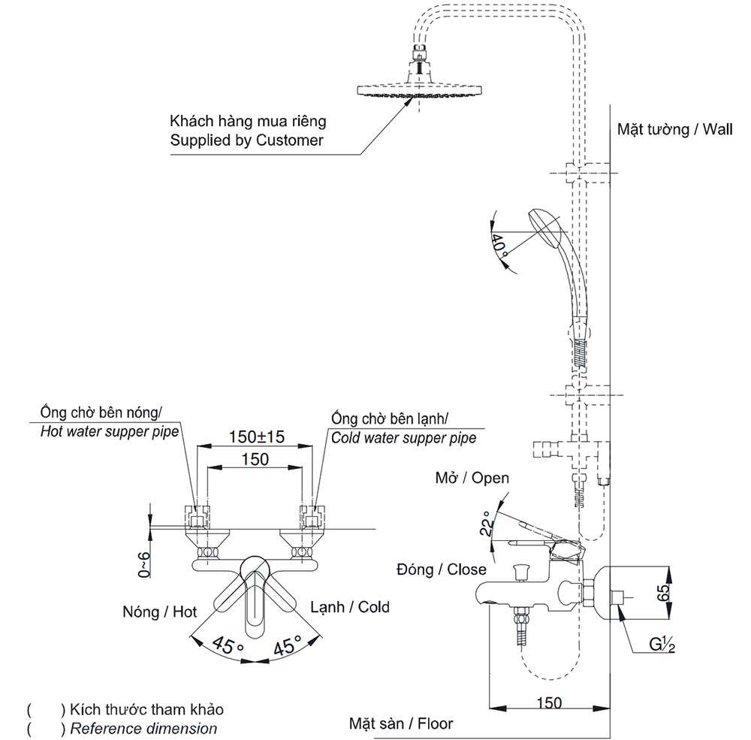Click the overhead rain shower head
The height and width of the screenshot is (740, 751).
419,90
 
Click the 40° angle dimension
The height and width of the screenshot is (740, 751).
499,243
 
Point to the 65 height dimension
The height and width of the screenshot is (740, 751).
663,593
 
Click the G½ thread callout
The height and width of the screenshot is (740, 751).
662,645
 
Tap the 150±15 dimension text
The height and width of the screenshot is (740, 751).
256,436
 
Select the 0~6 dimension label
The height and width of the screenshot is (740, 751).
143,565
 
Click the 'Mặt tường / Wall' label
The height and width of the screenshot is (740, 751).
675,129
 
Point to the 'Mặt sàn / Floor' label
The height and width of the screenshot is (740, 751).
401,723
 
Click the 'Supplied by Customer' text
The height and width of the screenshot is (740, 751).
246,140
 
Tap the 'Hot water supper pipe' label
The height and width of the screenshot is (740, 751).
109,432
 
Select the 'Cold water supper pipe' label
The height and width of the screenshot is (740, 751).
404,438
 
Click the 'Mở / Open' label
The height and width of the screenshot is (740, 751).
472,478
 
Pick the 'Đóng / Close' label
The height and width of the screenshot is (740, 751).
441,569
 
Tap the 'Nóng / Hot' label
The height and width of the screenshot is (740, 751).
159,612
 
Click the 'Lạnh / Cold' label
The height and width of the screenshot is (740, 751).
350,607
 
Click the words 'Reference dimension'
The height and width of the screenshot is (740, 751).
143,729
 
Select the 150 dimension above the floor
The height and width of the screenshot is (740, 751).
549,702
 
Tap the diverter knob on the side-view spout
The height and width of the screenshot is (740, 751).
519,572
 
